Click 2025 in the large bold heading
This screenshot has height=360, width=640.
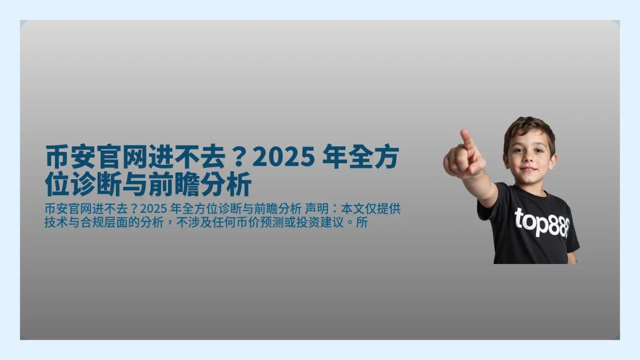[281, 158]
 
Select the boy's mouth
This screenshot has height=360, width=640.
[528, 170]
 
